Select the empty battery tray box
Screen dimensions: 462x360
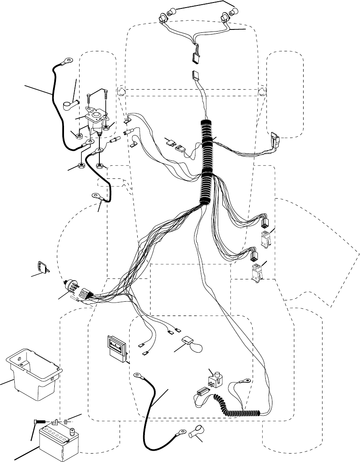tap(34, 374)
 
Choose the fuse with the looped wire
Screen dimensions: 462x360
tap(187, 341)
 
